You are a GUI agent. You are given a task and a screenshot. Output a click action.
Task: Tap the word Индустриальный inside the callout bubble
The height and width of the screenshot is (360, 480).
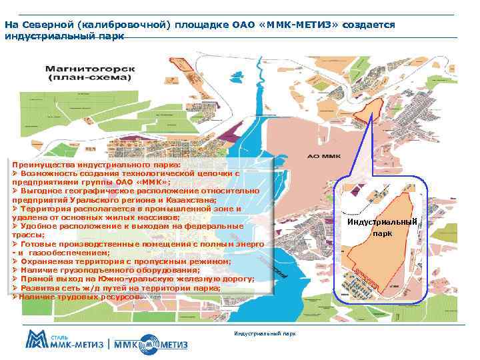(x=382, y=222)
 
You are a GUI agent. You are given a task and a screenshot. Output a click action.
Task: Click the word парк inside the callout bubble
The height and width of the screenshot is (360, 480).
(x=382, y=234)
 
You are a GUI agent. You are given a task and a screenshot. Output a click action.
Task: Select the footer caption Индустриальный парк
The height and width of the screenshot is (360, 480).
(x=265, y=333)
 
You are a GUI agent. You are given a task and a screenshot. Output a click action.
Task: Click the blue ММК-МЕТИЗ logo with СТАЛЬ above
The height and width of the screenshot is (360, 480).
(x=64, y=343)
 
